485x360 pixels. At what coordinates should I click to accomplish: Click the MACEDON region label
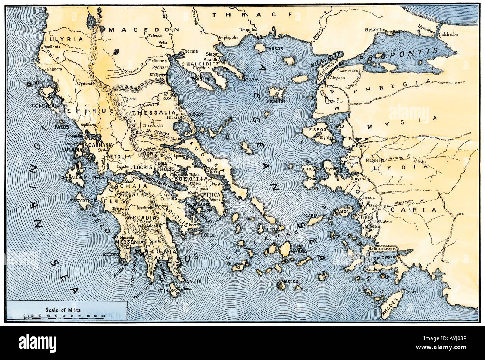pos(144,29)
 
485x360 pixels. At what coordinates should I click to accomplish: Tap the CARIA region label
pos(413,210)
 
